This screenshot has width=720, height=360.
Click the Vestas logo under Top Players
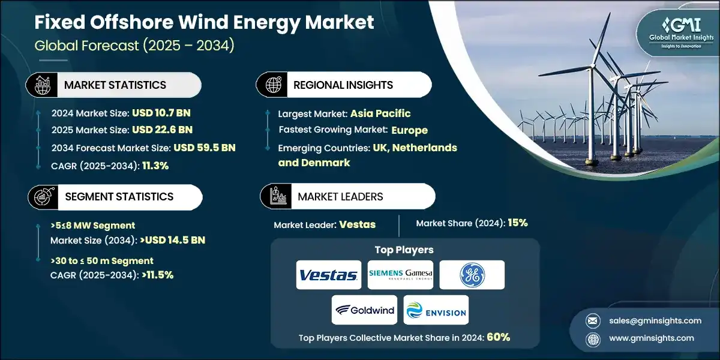328,275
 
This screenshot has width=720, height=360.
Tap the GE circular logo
472,275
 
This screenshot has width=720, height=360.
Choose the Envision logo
436,310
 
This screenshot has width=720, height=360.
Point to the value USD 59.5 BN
204,148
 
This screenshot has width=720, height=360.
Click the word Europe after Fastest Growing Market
409,130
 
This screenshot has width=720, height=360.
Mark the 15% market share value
517,223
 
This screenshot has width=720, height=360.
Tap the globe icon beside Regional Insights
273,85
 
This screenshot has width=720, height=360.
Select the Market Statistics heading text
115,85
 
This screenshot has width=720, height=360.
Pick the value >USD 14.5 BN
173,240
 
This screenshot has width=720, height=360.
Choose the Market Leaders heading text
340,196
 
